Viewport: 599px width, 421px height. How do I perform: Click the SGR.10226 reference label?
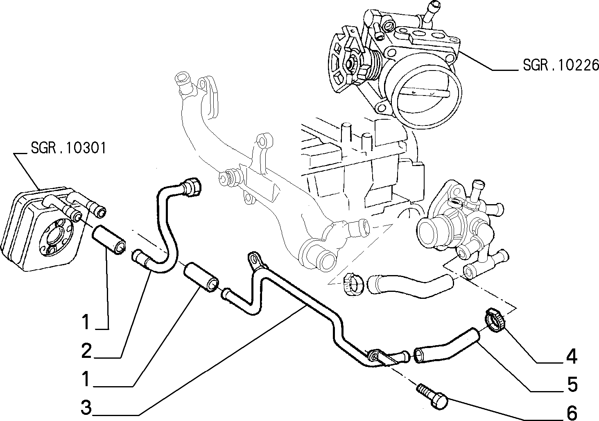[x=561, y=65]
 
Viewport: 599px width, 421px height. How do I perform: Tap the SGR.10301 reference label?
[x=68, y=148]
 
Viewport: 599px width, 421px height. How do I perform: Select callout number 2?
[x=86, y=351]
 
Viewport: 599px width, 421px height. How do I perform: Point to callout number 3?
[x=86, y=407]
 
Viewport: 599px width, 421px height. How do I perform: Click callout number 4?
[x=572, y=356]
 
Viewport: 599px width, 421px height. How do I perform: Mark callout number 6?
[x=572, y=413]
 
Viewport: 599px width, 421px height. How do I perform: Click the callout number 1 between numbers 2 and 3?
[x=86, y=379]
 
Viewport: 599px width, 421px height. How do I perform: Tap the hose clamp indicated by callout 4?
[x=495, y=320]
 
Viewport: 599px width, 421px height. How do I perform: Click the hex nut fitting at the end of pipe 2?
[x=191, y=187]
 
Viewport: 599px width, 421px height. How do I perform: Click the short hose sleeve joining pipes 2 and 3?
[x=201, y=277]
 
